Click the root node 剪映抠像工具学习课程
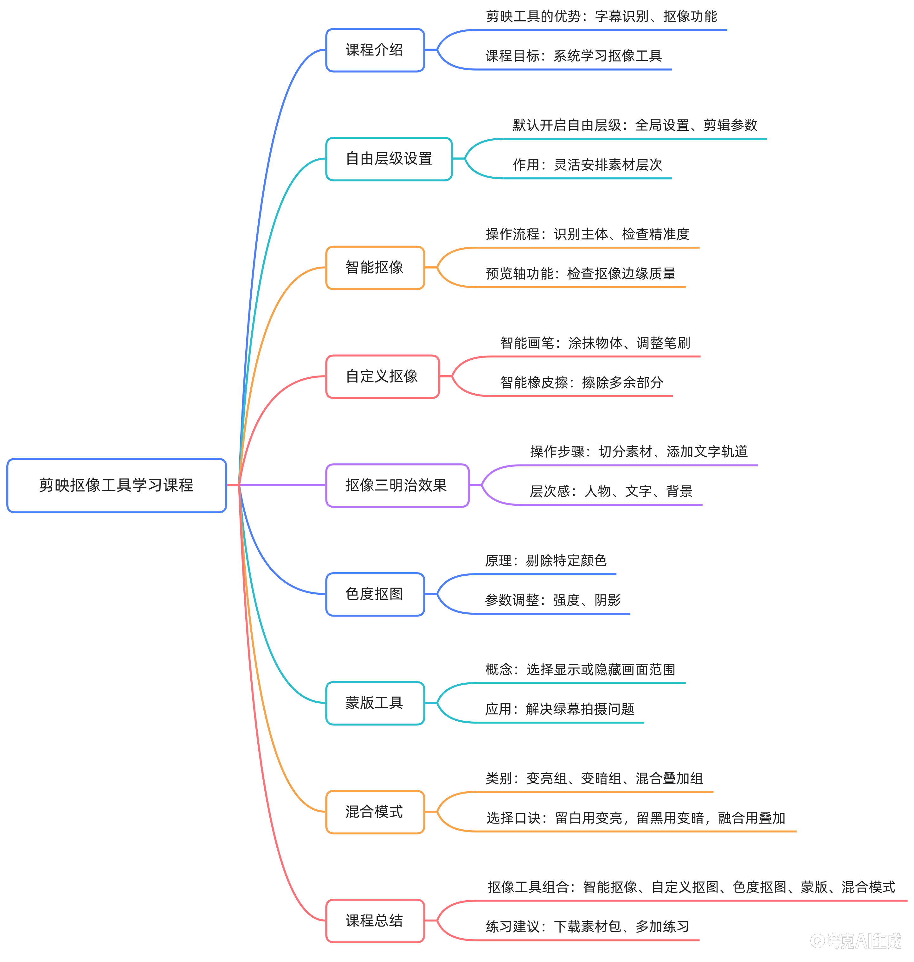[x=116, y=485]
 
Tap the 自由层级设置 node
[x=389, y=159]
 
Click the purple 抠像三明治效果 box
[x=397, y=485]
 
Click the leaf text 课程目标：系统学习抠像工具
[x=573, y=56]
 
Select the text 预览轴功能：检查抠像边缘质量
[x=580, y=274]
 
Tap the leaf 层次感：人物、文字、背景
[x=611, y=491]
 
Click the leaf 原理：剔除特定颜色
[x=546, y=561]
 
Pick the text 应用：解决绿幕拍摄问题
[x=560, y=709]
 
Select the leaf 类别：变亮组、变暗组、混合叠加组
[x=594, y=778]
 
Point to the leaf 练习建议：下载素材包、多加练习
[x=587, y=927]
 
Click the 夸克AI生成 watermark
[x=856, y=941]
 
